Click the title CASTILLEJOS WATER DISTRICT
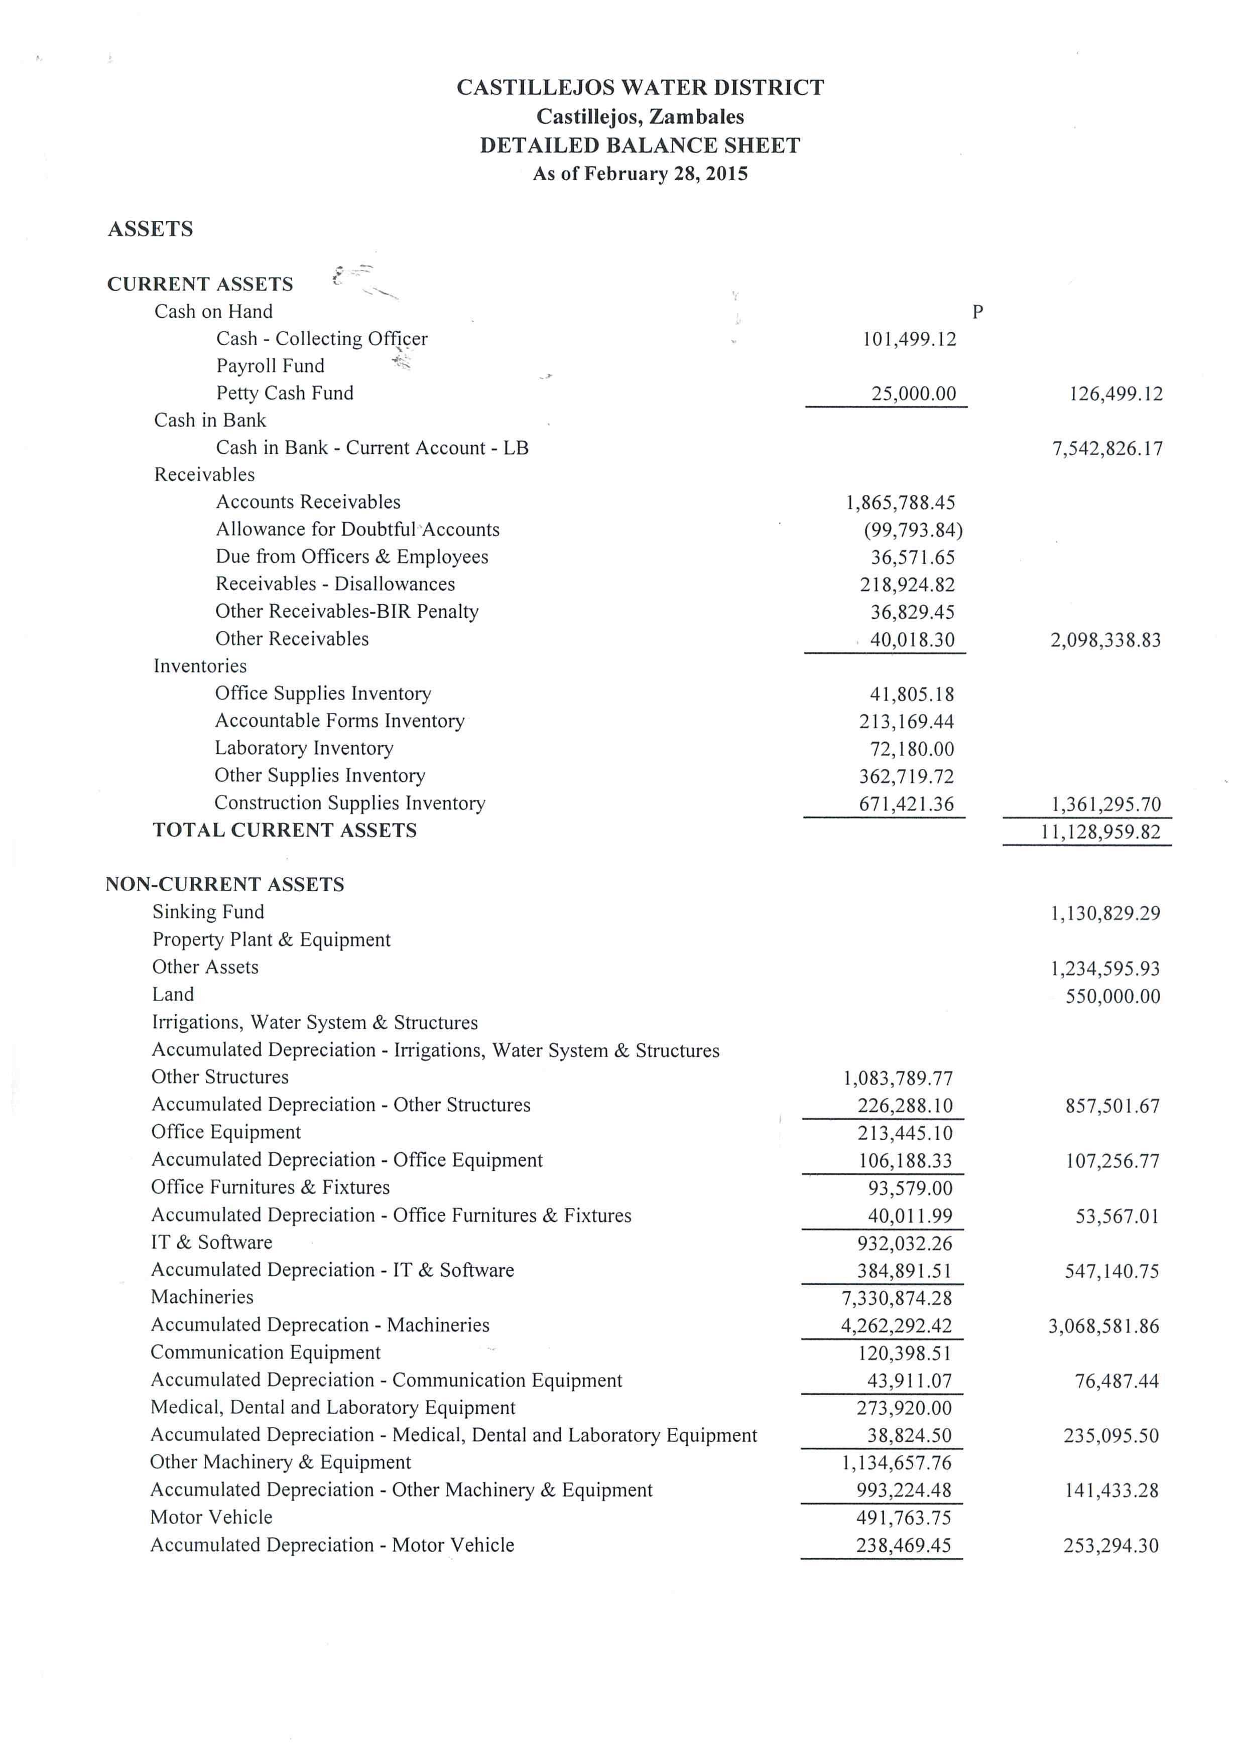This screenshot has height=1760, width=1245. point(640,87)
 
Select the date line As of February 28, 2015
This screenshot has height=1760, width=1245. point(640,174)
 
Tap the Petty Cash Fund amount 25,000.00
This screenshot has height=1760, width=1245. point(913,394)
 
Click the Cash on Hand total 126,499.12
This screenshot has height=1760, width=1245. point(1115,394)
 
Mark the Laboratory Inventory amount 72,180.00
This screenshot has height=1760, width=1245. point(912,749)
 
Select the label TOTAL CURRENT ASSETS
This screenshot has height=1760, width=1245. point(285,830)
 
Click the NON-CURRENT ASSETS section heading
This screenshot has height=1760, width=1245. point(224,885)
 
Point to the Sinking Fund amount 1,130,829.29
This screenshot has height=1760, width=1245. point(1105,913)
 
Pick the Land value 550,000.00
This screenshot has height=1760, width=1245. point(1112,997)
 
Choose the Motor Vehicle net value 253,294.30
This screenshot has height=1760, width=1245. point(1111,1545)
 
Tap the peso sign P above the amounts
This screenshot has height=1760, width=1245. point(977,312)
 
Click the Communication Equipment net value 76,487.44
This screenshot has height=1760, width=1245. point(1116,1381)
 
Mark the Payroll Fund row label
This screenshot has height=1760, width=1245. point(270,366)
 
